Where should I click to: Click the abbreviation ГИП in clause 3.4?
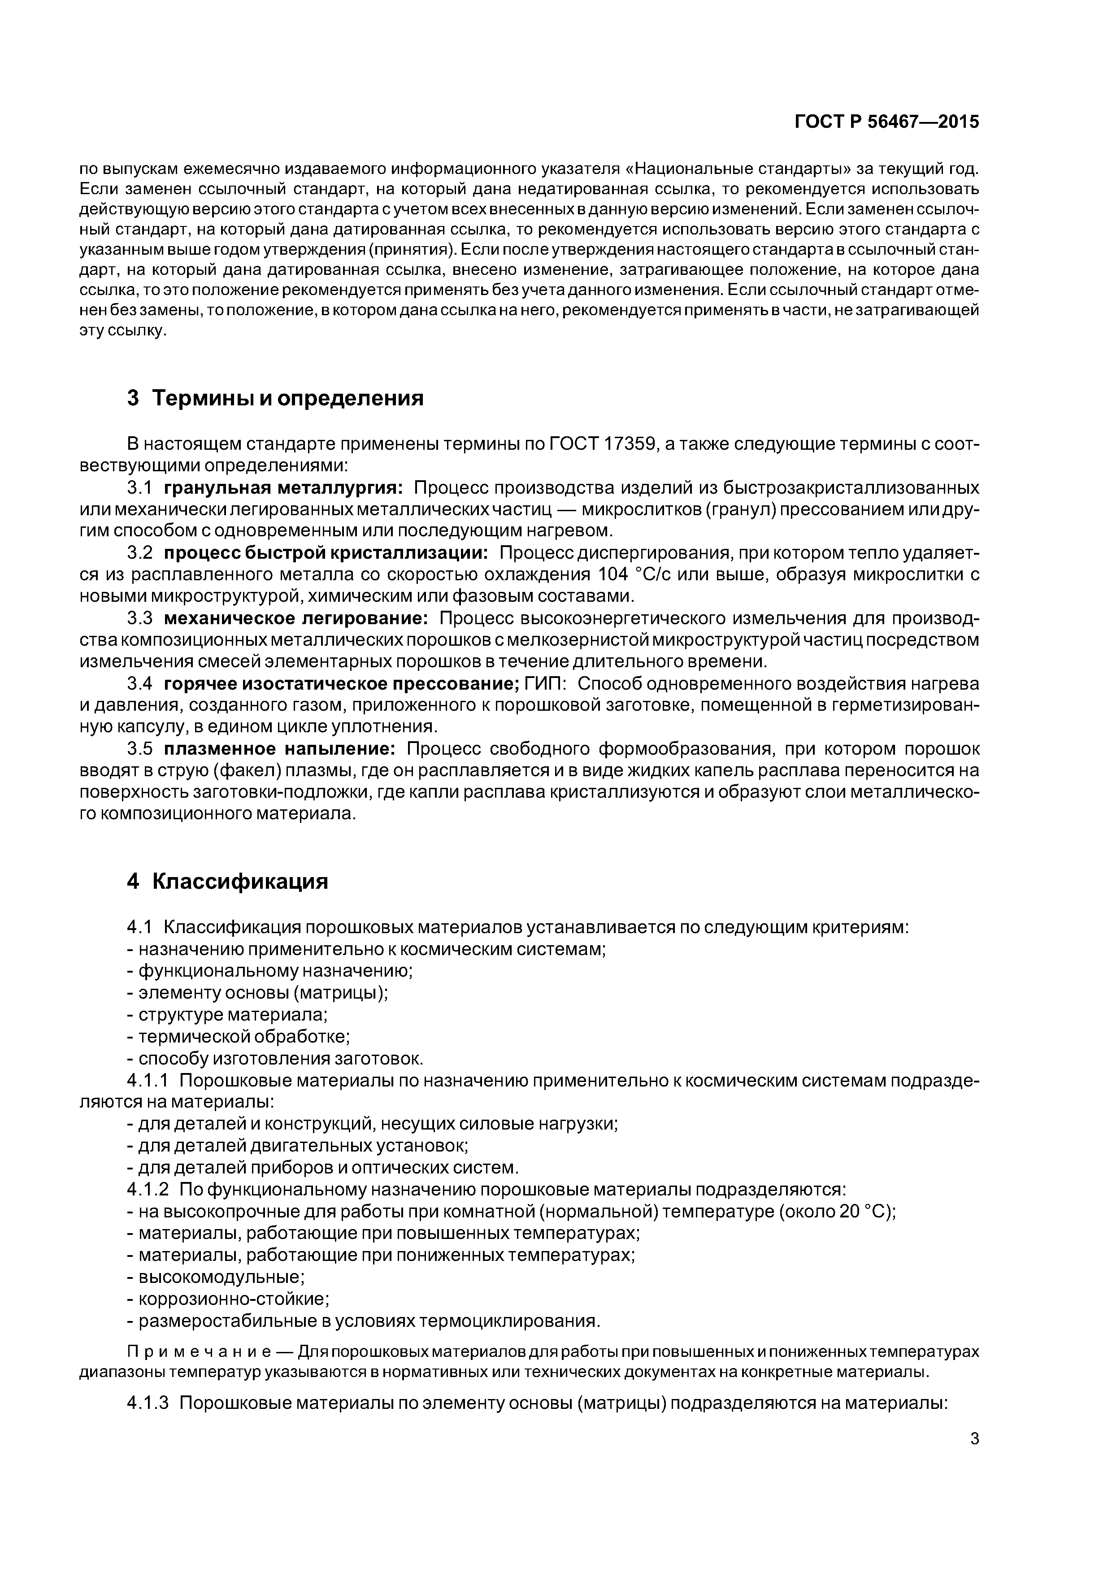pos(545,684)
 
